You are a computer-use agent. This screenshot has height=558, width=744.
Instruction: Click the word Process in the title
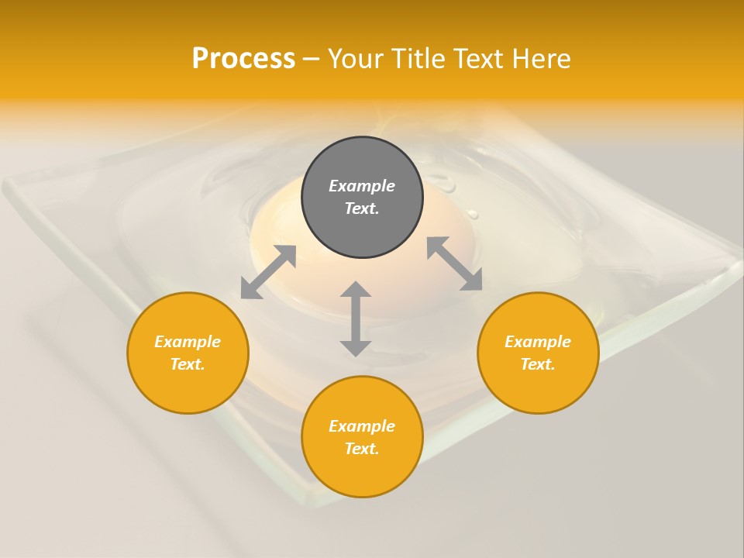243,59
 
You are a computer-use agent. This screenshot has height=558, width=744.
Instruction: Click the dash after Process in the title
311,60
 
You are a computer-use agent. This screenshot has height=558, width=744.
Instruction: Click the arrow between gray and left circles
268,272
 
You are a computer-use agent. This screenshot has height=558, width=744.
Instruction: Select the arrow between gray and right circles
454,263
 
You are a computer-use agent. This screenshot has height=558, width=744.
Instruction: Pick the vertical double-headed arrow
356,319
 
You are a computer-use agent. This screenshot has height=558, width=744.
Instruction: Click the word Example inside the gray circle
362,186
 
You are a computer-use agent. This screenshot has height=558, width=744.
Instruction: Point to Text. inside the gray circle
362,208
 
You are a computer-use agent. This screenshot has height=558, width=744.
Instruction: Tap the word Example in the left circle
188,342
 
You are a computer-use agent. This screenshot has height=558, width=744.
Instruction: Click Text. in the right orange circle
538,364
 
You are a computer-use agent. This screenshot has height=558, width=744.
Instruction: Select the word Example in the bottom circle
362,426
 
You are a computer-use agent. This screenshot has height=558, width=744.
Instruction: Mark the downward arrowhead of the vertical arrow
356,347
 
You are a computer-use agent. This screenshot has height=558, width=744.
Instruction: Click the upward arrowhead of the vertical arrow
356,291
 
